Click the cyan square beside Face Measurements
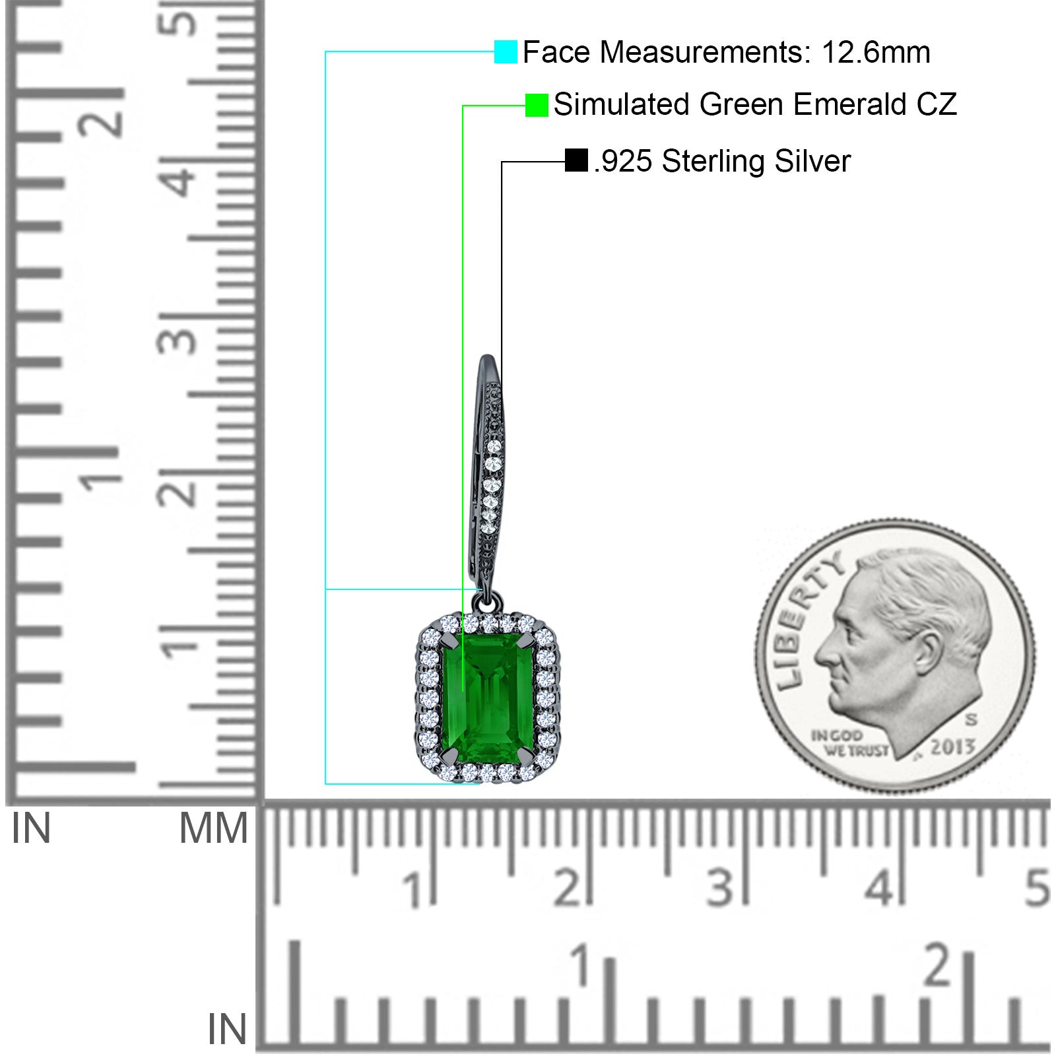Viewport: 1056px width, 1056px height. (506, 51)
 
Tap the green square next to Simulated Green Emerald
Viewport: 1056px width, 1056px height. (537, 105)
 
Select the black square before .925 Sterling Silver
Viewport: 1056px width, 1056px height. (576, 160)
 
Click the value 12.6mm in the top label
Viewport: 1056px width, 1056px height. (876, 52)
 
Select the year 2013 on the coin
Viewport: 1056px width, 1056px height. (952, 746)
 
